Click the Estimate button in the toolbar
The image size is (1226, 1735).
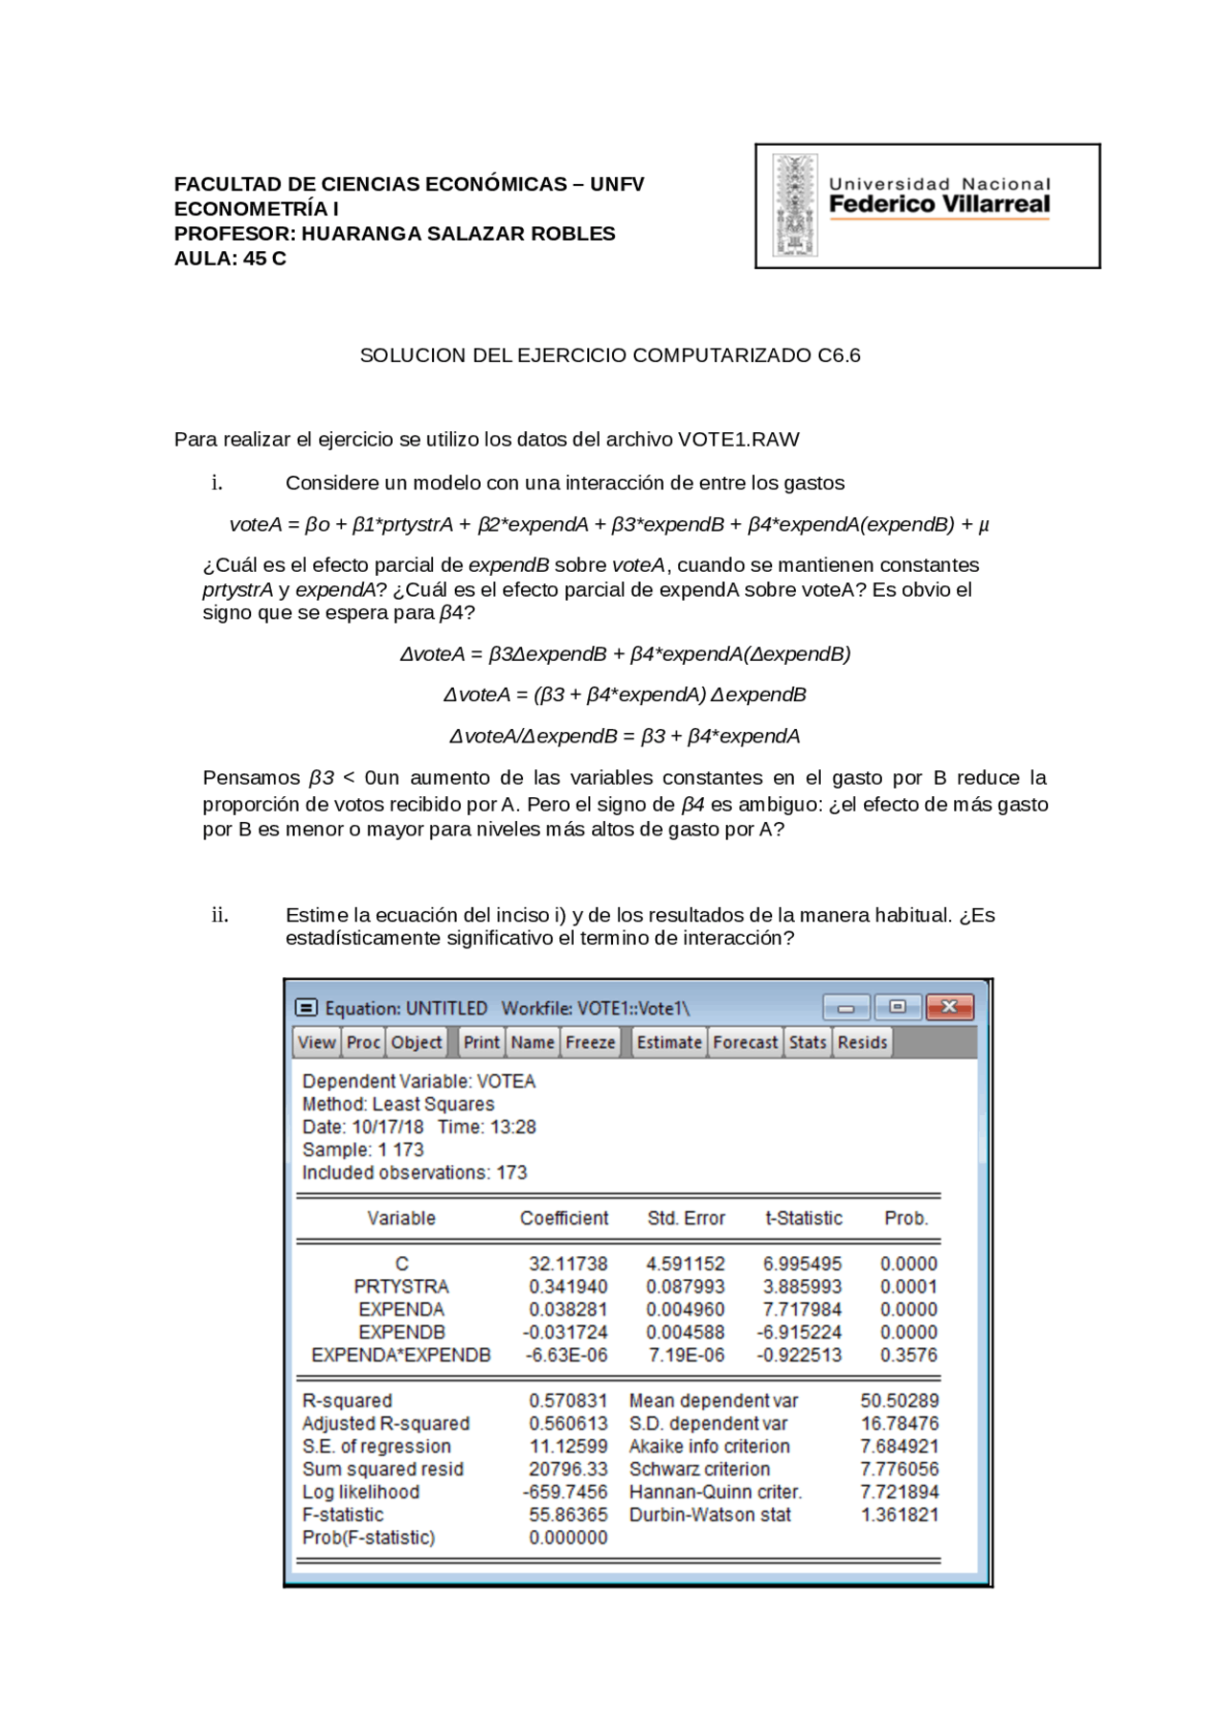[669, 1042]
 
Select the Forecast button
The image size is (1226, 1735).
[745, 1042]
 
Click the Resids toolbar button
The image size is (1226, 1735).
[862, 1042]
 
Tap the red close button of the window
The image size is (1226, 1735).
[949, 1007]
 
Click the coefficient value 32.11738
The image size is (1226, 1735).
[568, 1264]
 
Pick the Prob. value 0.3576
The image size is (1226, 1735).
[908, 1355]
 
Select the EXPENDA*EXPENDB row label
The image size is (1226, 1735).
[400, 1355]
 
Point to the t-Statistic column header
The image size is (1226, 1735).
[803, 1219]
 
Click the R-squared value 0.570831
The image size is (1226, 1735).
[568, 1401]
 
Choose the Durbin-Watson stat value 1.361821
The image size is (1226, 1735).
[898, 1515]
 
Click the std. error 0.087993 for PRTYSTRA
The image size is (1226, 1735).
[685, 1287]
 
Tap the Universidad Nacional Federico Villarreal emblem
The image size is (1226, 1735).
[795, 206]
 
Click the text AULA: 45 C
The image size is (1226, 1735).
[230, 259]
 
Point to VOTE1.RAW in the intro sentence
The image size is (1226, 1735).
[738, 440]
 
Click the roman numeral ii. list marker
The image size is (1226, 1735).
[219, 915]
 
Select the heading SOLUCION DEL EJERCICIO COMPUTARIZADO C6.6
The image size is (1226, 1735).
[609, 355]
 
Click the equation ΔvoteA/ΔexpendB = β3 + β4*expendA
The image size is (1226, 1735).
[624, 737]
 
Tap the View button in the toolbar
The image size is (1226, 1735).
[316, 1042]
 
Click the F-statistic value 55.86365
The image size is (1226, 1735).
[568, 1515]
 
